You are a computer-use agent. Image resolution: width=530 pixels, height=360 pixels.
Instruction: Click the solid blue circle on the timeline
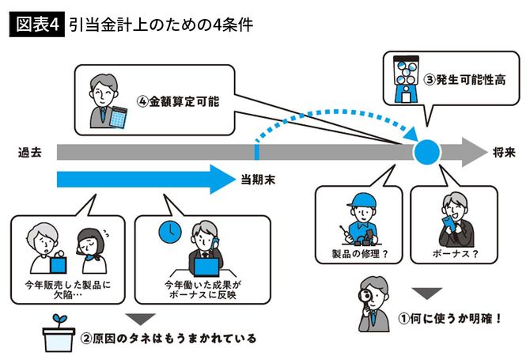tap(428, 150)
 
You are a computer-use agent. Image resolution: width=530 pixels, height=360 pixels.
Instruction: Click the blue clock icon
tap(167, 230)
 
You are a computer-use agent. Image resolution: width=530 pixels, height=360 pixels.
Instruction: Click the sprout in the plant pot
tap(60, 320)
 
